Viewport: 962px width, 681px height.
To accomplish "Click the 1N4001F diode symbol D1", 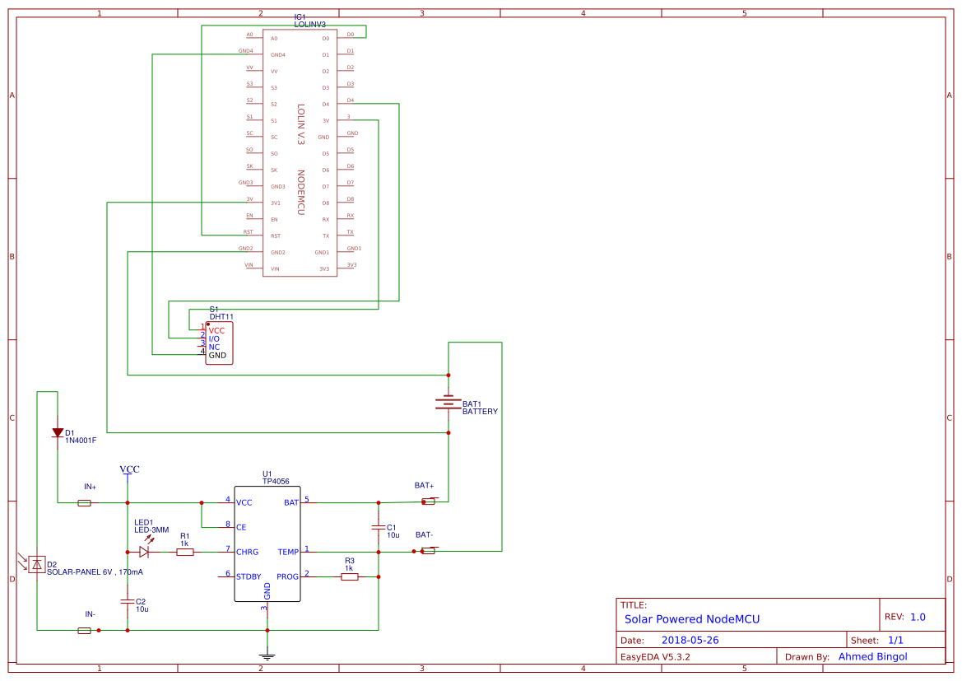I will click(x=58, y=432).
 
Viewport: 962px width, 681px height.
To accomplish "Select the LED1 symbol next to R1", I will click(x=144, y=552).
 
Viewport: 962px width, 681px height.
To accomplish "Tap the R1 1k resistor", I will click(x=185, y=552).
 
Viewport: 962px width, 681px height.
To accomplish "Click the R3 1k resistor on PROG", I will click(x=350, y=576).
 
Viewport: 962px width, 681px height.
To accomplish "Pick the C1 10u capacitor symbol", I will click(x=379, y=526).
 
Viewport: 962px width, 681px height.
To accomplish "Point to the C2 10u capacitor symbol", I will click(x=128, y=601).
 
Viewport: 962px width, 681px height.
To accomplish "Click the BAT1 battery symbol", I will click(x=448, y=403).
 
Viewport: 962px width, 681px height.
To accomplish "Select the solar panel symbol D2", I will click(x=36, y=564).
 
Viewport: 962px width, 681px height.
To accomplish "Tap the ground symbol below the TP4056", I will click(x=267, y=655).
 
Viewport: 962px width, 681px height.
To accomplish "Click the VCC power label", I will click(x=129, y=469).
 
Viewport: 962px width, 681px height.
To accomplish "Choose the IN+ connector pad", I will click(x=84, y=502).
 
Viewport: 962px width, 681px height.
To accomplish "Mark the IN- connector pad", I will click(x=84, y=630).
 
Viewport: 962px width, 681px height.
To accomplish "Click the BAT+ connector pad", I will click(x=428, y=501).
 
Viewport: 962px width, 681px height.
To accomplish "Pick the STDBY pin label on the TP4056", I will click(x=249, y=576).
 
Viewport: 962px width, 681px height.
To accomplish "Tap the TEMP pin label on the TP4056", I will click(x=288, y=552).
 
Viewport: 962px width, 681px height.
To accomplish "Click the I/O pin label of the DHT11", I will click(x=214, y=338).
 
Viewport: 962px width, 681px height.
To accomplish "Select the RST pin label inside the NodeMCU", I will click(x=276, y=236).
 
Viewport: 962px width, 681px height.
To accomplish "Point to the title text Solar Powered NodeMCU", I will click(x=692, y=618).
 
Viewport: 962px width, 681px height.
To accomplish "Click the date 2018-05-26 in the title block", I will click(x=690, y=640).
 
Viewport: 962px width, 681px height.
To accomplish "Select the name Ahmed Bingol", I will click(x=872, y=656).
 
